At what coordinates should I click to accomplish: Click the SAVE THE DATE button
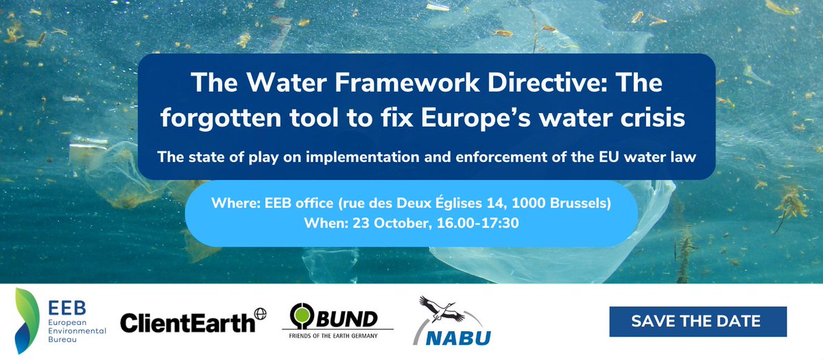coord(697,322)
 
